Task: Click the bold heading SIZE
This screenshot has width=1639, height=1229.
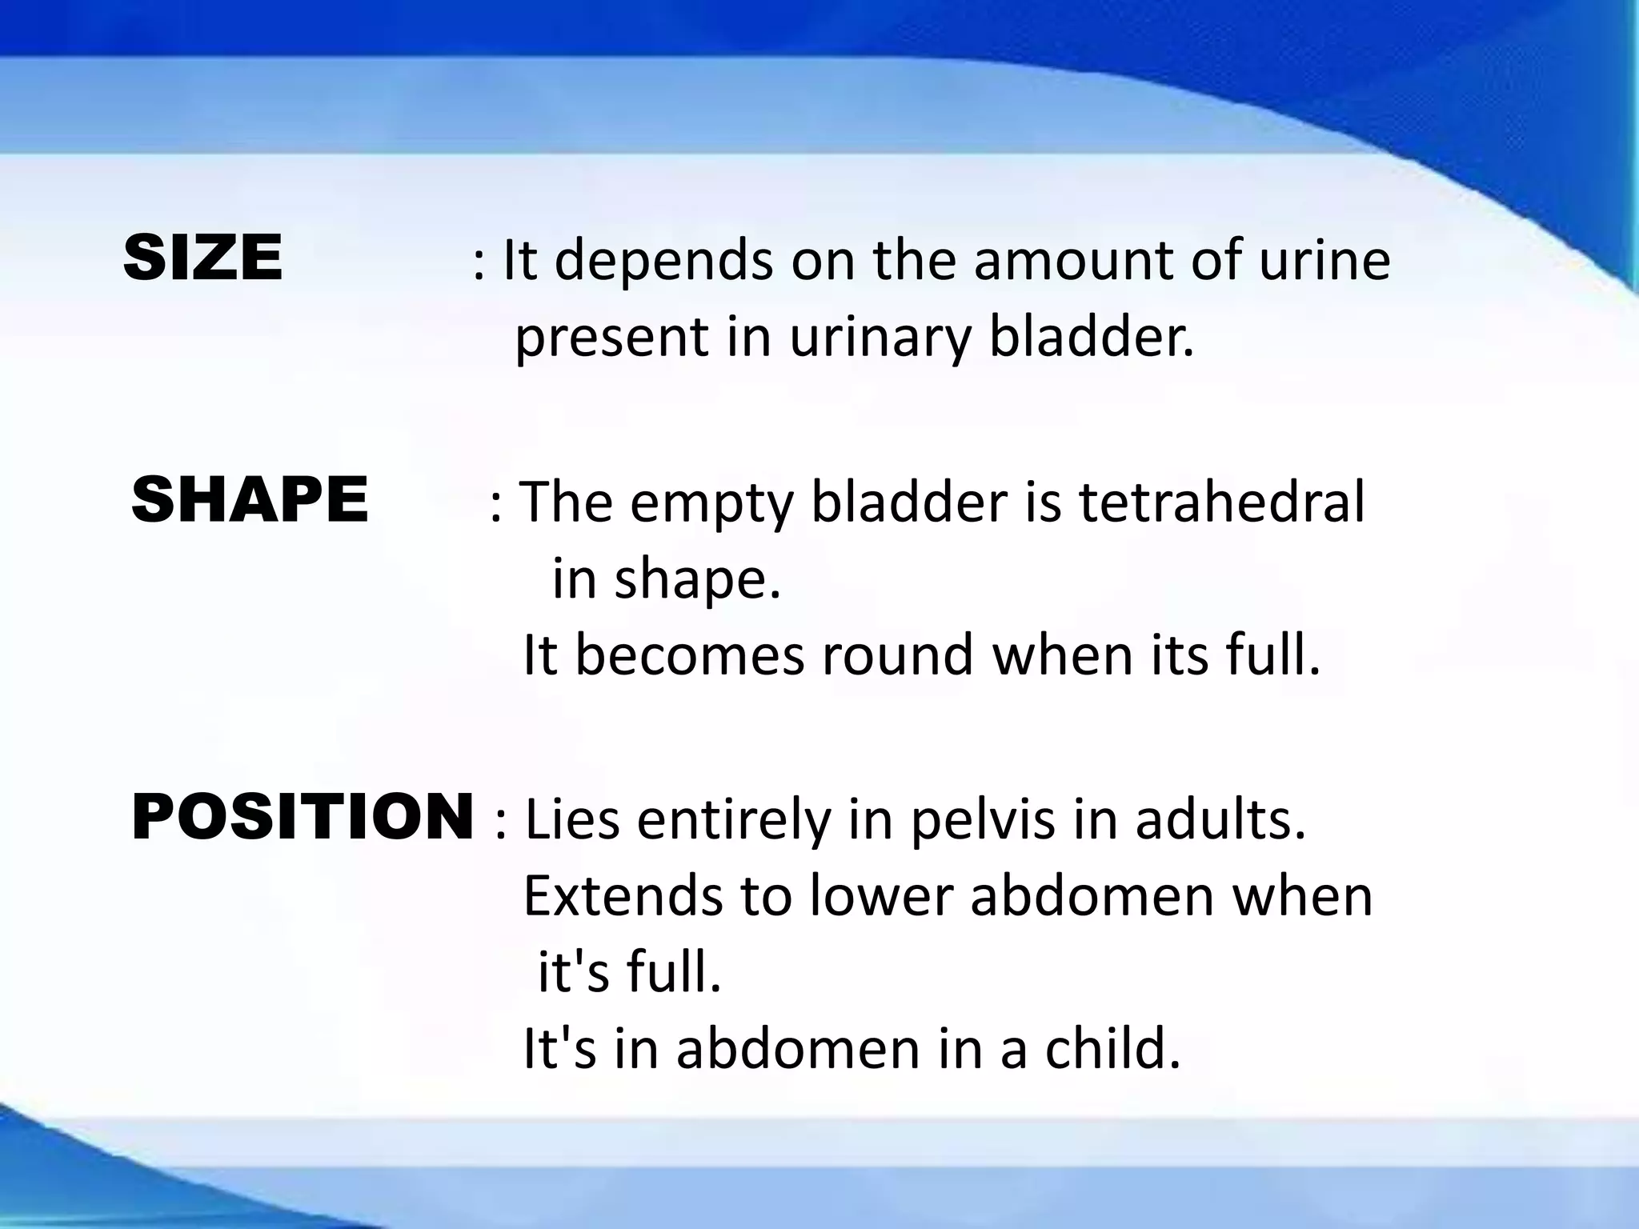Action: tap(203, 258)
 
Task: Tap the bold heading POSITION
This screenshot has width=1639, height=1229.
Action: tap(303, 817)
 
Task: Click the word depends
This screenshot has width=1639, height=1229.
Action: tap(663, 262)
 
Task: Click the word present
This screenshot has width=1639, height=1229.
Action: tap(611, 338)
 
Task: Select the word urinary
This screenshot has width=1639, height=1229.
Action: tap(879, 338)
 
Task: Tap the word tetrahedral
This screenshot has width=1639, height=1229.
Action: tap(1221, 502)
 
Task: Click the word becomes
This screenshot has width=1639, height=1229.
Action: tap(689, 655)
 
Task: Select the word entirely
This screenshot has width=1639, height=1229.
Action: tap(735, 823)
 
